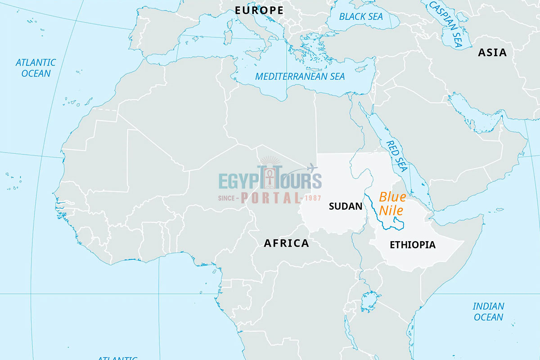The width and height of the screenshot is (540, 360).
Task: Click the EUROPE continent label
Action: point(259,10)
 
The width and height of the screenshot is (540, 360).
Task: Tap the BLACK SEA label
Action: point(361,17)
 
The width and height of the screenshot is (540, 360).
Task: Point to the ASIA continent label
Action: point(492,53)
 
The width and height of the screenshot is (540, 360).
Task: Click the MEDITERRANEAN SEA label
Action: point(300,76)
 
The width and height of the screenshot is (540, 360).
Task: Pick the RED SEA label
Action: point(396,156)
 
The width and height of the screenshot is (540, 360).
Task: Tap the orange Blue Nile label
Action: point(392,203)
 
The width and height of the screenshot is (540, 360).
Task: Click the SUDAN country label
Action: point(346,207)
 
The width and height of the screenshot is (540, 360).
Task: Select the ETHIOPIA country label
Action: point(413,245)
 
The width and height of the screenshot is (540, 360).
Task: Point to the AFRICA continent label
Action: point(286,243)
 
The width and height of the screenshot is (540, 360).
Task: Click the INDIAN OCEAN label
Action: point(488,311)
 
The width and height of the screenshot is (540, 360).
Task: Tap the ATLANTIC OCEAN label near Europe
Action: point(36,67)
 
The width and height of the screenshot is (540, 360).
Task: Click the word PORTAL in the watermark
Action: point(270,198)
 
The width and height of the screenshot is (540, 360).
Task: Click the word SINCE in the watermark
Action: point(228,198)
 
